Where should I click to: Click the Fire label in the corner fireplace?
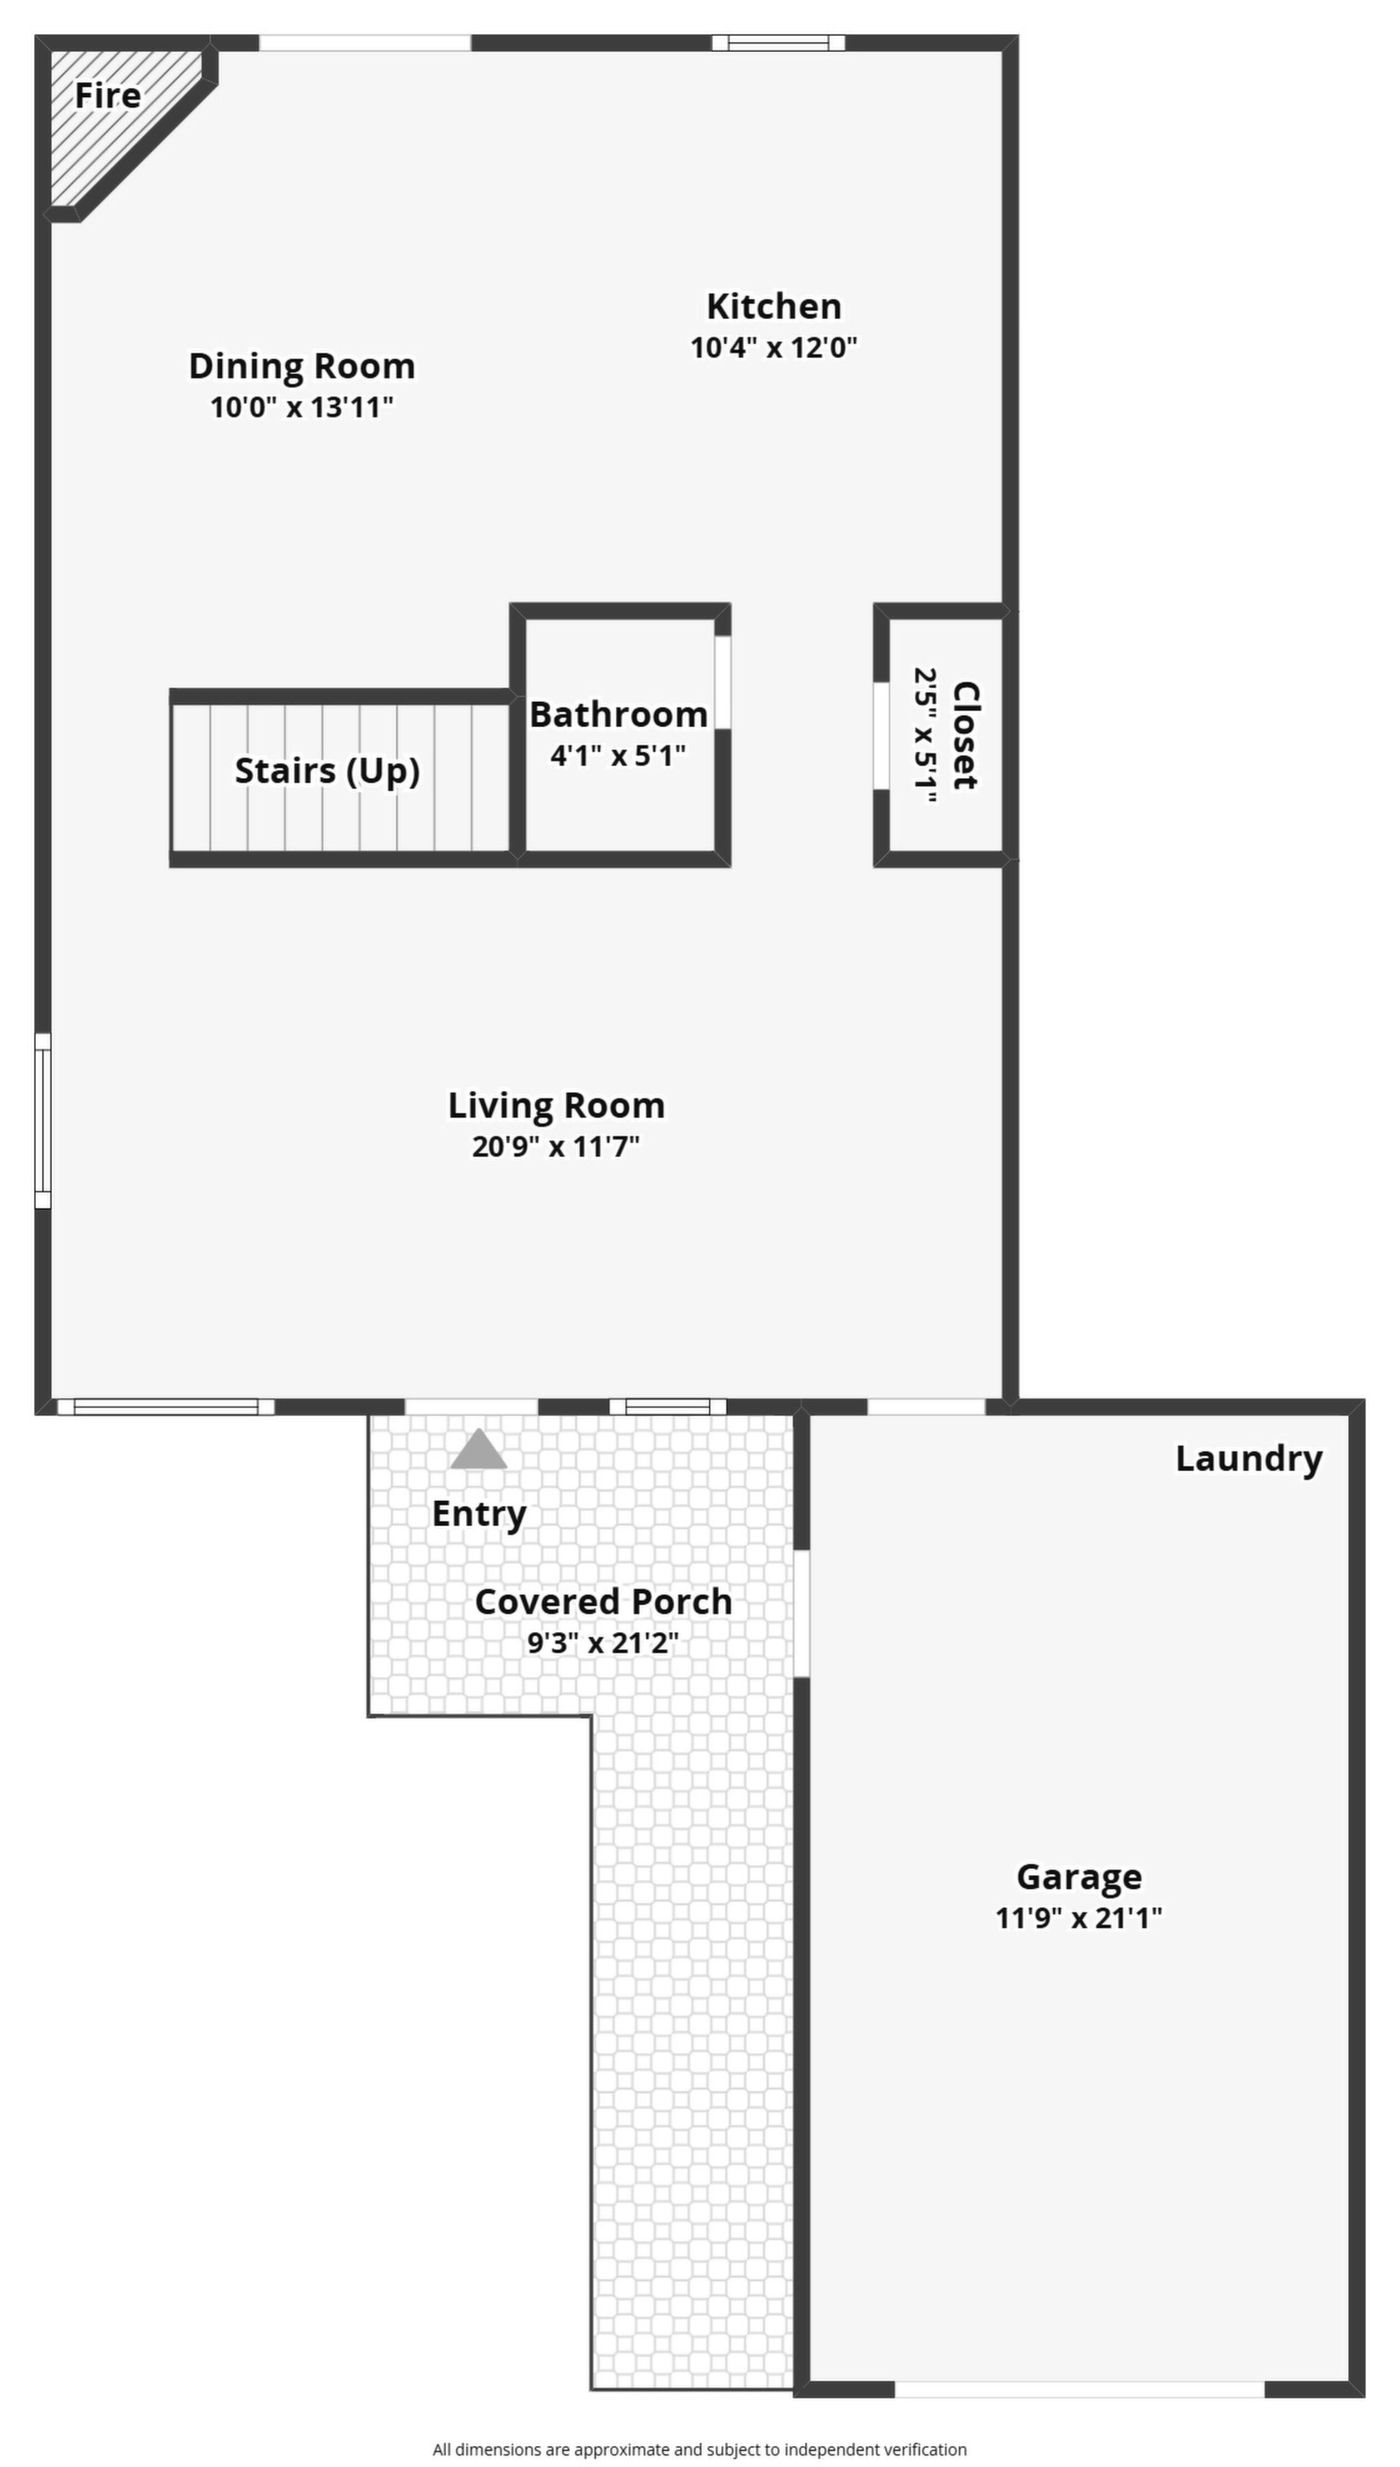[108, 95]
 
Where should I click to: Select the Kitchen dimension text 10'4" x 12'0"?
[774, 347]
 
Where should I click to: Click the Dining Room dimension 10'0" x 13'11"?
[302, 407]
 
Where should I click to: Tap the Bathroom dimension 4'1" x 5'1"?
[618, 755]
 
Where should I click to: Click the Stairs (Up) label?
[327, 771]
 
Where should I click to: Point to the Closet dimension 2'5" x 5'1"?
[925, 736]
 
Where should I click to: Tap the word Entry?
[479, 1514]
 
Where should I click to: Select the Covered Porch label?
[604, 1601]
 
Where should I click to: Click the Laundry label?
[1249, 1459]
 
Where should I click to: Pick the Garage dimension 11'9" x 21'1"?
[1079, 1918]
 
